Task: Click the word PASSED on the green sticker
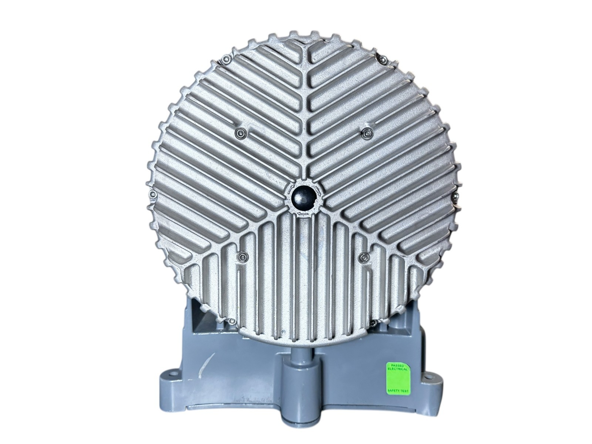point(397,365)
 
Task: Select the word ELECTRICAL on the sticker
point(397,369)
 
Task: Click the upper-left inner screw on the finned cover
point(239,132)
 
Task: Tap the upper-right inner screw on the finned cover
point(366,132)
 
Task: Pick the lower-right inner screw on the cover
point(364,258)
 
